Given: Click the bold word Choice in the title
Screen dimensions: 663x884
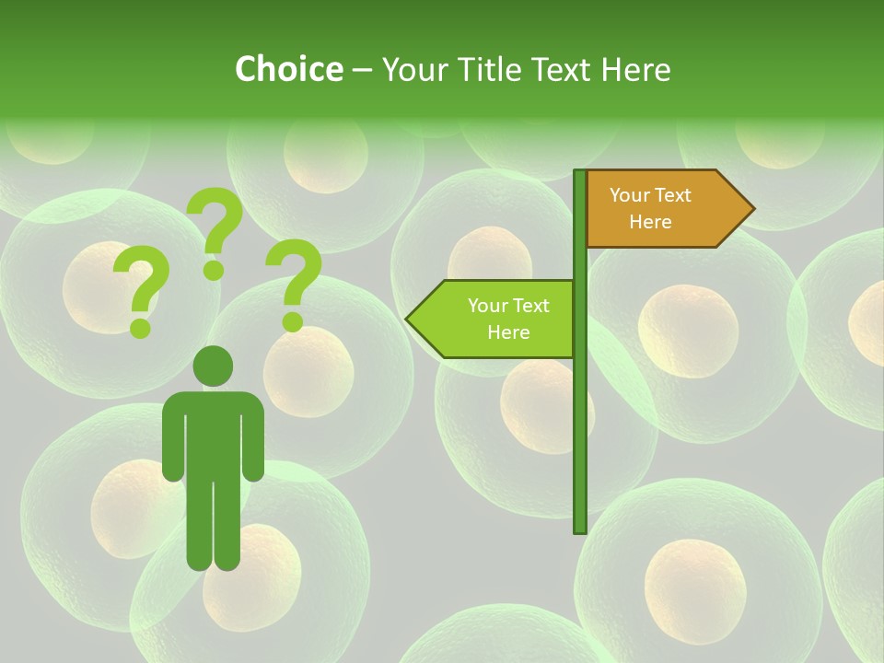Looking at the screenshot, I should tap(288, 69).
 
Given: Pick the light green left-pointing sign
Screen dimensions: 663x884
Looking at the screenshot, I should tap(497, 319).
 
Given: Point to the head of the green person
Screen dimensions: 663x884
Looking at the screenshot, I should tap(213, 366).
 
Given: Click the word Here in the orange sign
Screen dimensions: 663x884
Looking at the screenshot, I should tap(650, 222).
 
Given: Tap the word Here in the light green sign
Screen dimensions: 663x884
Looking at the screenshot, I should tap(508, 332).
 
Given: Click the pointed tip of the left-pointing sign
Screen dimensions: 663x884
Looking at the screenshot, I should tap(411, 320).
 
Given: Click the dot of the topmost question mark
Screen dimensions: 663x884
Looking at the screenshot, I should tap(214, 271).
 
